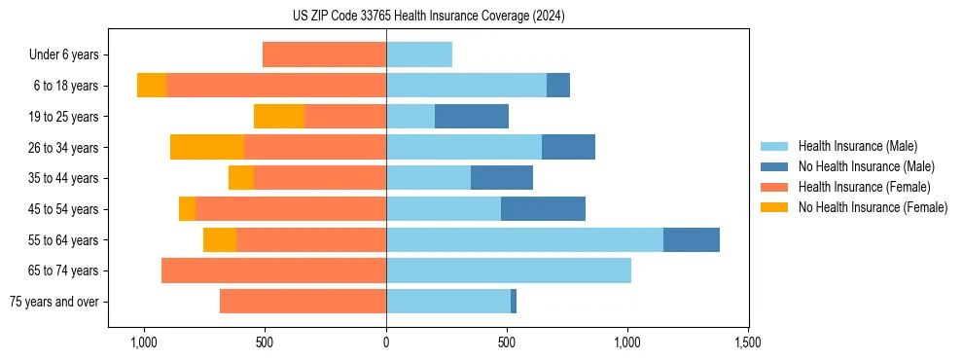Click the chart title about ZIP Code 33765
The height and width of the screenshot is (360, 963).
pos(428,16)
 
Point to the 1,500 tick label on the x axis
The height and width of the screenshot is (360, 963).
pos(747,342)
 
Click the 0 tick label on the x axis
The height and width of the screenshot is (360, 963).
pos(386,342)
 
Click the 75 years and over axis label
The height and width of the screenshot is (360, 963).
pos(54,302)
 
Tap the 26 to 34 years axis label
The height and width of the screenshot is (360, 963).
pos(65,148)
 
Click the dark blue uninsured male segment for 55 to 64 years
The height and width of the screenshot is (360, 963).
pos(692,239)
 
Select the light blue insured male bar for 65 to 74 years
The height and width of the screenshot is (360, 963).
pos(509,270)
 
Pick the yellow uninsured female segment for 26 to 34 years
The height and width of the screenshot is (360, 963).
pos(207,147)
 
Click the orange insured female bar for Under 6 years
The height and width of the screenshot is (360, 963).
pos(324,54)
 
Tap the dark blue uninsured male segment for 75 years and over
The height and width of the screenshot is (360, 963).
pos(514,302)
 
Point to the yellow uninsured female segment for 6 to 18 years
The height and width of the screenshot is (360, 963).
pos(152,86)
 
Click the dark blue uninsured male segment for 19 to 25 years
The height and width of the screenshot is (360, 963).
pos(472,117)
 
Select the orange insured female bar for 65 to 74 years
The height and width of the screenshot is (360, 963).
pos(273,270)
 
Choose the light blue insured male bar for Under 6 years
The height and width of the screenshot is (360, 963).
pos(419,54)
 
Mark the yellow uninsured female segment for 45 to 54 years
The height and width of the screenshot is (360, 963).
pos(187,209)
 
